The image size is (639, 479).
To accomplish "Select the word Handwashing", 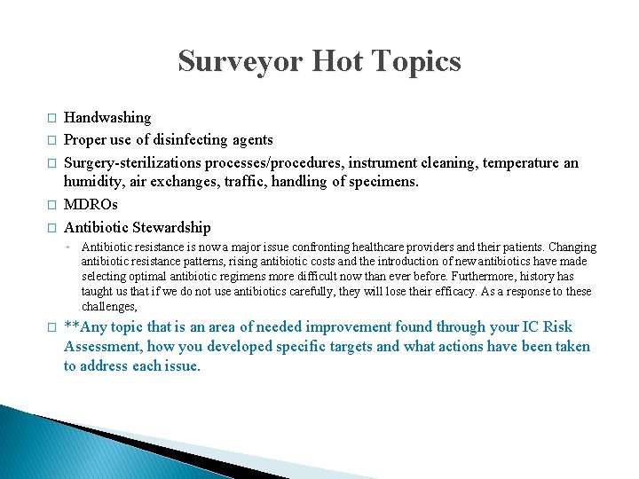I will click(x=107, y=117).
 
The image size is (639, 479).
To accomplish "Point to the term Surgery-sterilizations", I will click(x=133, y=162).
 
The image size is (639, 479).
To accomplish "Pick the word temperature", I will click(x=520, y=162).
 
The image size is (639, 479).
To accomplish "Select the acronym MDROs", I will click(x=92, y=205).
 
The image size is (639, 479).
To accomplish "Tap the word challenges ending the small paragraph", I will click(x=108, y=307).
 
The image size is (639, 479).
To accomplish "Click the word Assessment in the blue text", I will click(x=102, y=347).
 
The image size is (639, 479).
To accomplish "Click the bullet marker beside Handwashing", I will click(x=51, y=118).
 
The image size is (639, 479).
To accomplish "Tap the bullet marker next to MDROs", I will click(x=51, y=206).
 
